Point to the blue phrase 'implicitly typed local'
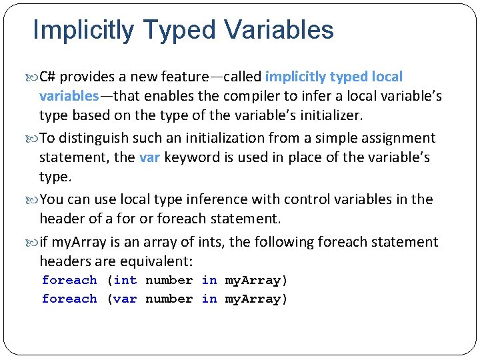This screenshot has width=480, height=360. [334, 77]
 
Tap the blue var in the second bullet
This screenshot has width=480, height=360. [149, 157]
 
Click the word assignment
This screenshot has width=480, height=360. [396, 138]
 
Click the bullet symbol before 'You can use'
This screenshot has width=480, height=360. [35, 199]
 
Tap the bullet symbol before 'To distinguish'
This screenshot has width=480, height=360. [35, 138]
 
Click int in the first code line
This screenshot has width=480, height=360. [125, 280]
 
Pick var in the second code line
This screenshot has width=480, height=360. [125, 299]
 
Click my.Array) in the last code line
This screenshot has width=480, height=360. [256, 299]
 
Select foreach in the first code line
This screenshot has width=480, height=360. [69, 280]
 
